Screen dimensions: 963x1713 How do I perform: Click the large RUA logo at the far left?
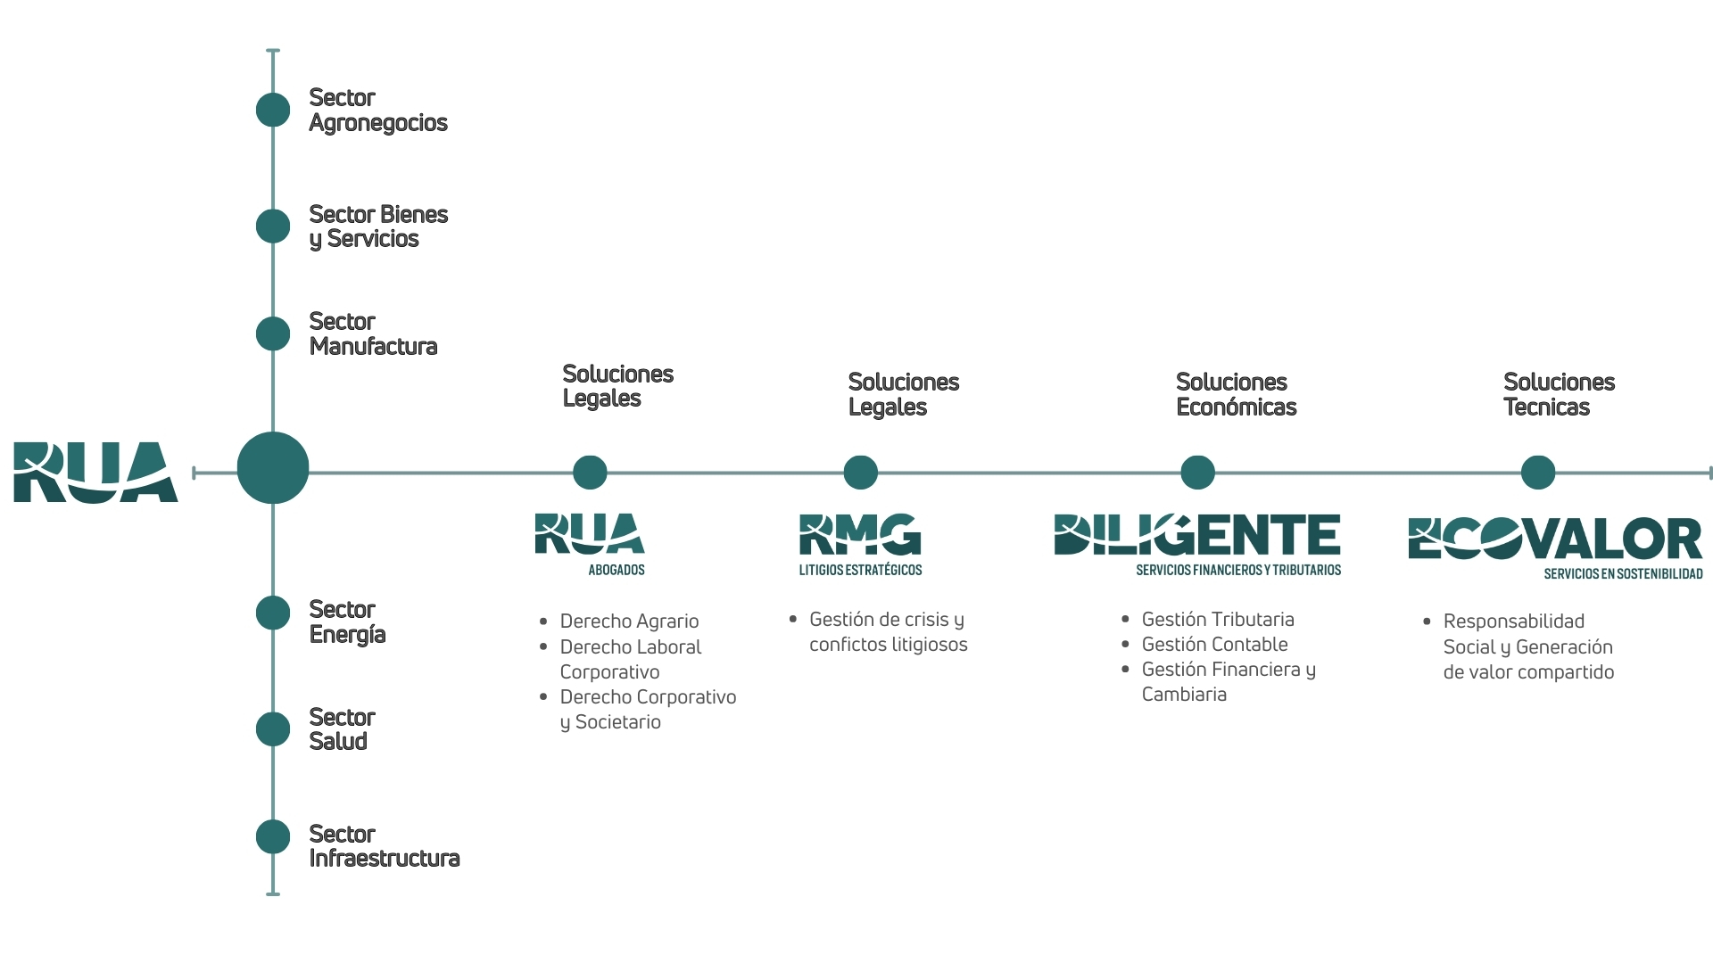(95, 473)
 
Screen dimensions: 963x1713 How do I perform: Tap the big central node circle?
(273, 468)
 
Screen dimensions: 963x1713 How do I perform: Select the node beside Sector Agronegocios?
(273, 110)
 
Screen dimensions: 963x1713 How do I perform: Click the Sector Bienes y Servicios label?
(378, 226)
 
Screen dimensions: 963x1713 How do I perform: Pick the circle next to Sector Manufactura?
(273, 333)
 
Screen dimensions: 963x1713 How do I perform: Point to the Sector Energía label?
(347, 622)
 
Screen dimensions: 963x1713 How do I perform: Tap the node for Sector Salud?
(273, 729)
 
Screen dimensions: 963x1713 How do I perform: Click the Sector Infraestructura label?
(384, 846)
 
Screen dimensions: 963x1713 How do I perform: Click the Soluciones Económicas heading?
(1236, 394)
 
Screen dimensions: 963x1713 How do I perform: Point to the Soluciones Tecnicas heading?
(1559, 394)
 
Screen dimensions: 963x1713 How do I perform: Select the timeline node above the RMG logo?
(861, 473)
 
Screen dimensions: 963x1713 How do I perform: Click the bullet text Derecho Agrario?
(629, 621)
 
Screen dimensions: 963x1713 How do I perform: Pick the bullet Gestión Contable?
(1214, 645)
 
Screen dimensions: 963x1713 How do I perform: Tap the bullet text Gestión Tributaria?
(1217, 620)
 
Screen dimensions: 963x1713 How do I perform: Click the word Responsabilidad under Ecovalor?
(1513, 621)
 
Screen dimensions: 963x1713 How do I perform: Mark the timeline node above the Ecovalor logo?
(1538, 473)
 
